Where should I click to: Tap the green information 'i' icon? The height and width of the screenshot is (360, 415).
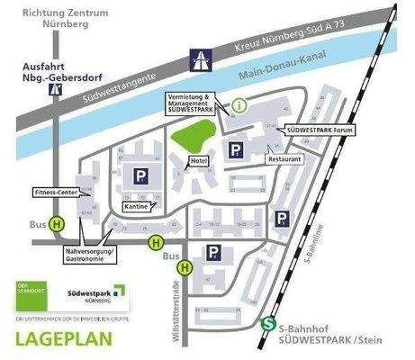pyautogui.click(x=239, y=104)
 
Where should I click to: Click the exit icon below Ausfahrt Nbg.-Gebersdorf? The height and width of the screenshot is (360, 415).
pyautogui.click(x=56, y=89)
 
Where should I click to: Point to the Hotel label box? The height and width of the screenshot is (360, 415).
pyautogui.click(x=197, y=161)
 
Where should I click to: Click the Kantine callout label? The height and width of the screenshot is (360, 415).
pyautogui.click(x=136, y=206)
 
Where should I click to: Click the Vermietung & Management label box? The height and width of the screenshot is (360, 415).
pyautogui.click(x=191, y=101)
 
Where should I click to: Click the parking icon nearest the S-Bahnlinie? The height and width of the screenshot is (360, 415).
pyautogui.click(x=282, y=219)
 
